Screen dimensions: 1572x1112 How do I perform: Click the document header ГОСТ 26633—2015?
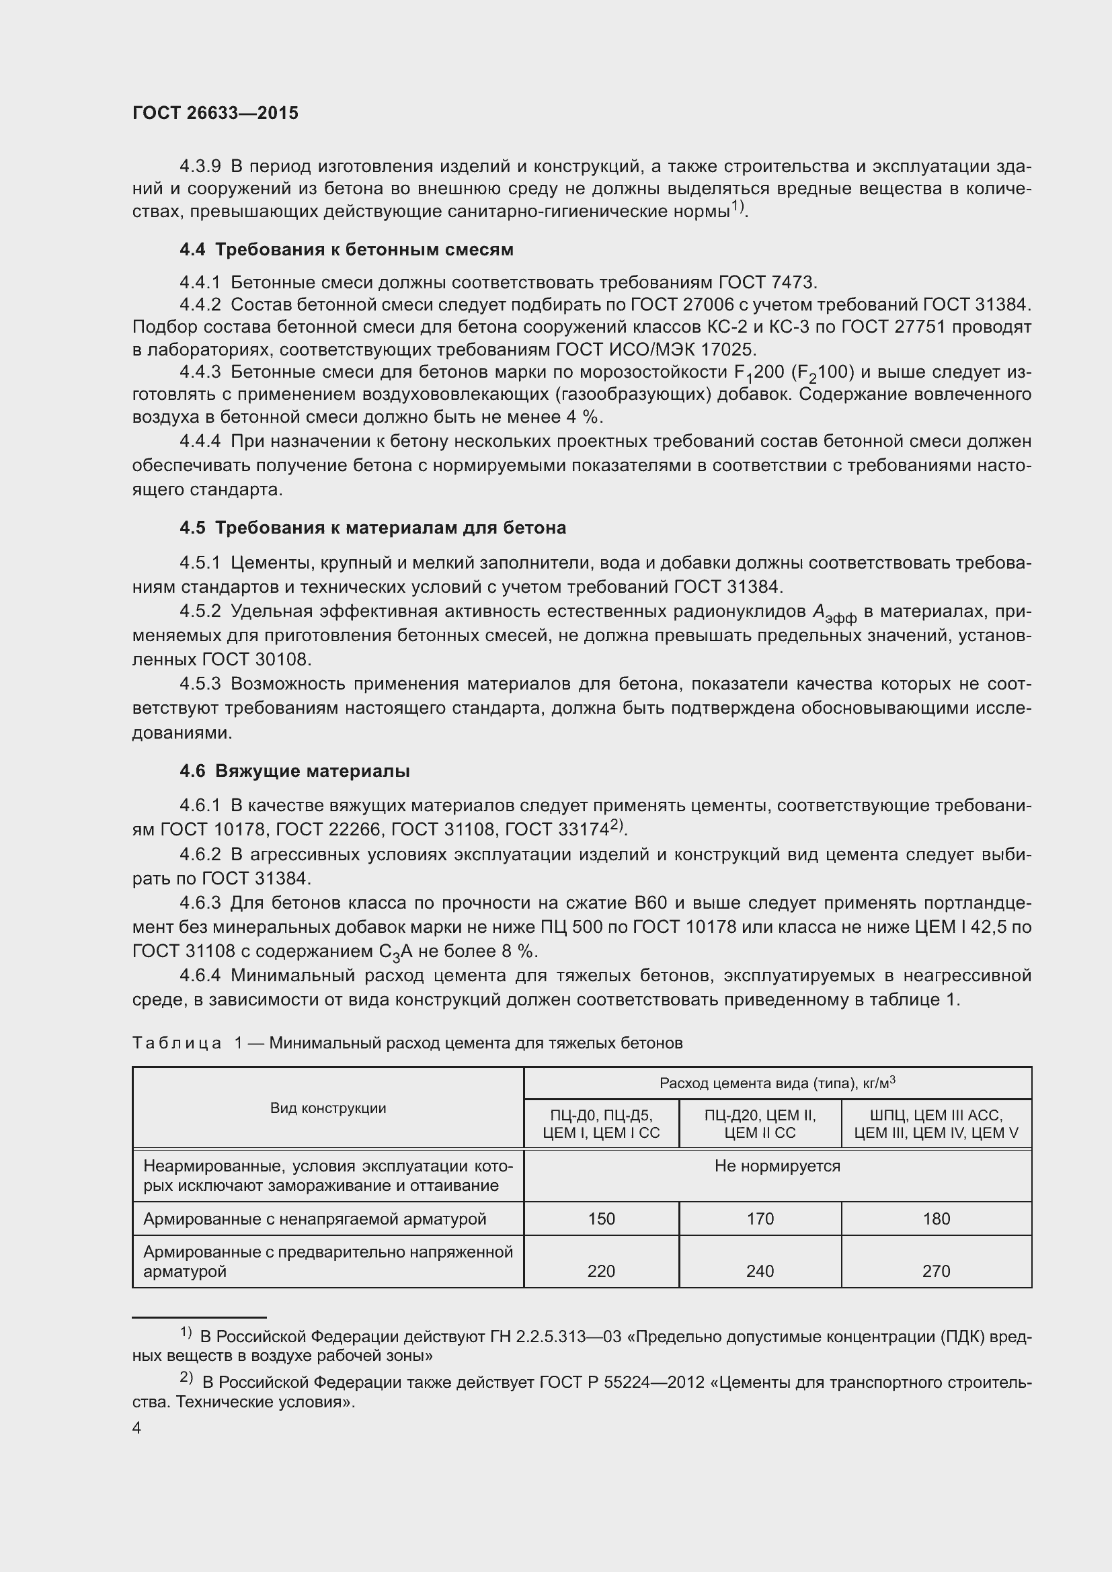[x=215, y=114]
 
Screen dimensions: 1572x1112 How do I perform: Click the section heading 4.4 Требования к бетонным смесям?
[x=346, y=250]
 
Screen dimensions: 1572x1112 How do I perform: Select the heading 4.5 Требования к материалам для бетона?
[x=372, y=528]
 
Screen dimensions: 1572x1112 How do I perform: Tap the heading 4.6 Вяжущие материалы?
[x=294, y=771]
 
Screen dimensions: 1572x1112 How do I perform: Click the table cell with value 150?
[x=601, y=1218]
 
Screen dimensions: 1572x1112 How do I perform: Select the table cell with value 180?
[x=936, y=1218]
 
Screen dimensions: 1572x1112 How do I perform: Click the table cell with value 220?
[x=601, y=1271]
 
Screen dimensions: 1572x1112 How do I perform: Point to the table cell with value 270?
[x=936, y=1271]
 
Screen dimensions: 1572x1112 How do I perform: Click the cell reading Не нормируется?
[x=777, y=1166]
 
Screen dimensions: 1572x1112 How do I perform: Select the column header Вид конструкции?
[x=328, y=1108]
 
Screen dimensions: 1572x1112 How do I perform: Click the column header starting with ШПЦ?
[x=936, y=1124]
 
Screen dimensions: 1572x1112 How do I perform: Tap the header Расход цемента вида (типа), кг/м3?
[x=777, y=1083]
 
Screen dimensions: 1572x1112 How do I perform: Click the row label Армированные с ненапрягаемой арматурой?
[x=314, y=1218]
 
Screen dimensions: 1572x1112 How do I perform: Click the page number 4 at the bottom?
[x=137, y=1428]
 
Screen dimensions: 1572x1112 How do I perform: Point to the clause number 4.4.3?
[x=200, y=372]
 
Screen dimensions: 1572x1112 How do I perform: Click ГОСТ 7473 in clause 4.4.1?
[x=766, y=283]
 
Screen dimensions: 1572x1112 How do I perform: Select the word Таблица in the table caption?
[x=177, y=1043]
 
